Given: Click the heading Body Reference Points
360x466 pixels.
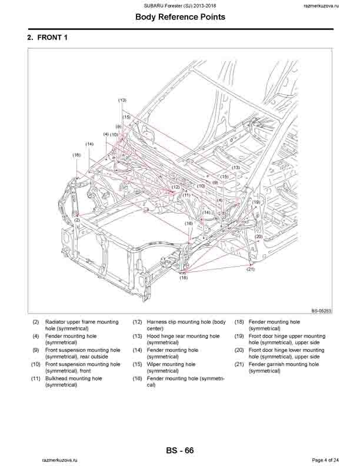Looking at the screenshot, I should (x=180, y=17).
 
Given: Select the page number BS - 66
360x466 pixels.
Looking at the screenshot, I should (x=180, y=451).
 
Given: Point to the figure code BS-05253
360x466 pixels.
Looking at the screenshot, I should (x=321, y=312).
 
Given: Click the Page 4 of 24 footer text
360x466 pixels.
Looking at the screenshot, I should (x=325, y=459).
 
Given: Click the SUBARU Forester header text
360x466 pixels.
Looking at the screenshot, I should (x=180, y=5).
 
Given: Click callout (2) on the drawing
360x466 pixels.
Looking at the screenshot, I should (x=77, y=221).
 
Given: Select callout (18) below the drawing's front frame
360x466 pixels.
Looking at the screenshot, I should (x=184, y=277).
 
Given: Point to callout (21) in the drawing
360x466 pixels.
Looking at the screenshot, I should (x=251, y=269).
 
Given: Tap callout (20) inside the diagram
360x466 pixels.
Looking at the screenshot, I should (x=259, y=237).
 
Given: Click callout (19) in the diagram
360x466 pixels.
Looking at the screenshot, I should (x=256, y=202).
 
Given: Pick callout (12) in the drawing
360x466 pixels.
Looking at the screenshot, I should (x=175, y=187).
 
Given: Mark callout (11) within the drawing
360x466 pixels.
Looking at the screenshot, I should (x=186, y=195).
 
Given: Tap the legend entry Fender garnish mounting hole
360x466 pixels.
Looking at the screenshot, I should (x=284, y=364).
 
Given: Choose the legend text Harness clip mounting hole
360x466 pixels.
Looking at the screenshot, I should (x=178, y=322).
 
